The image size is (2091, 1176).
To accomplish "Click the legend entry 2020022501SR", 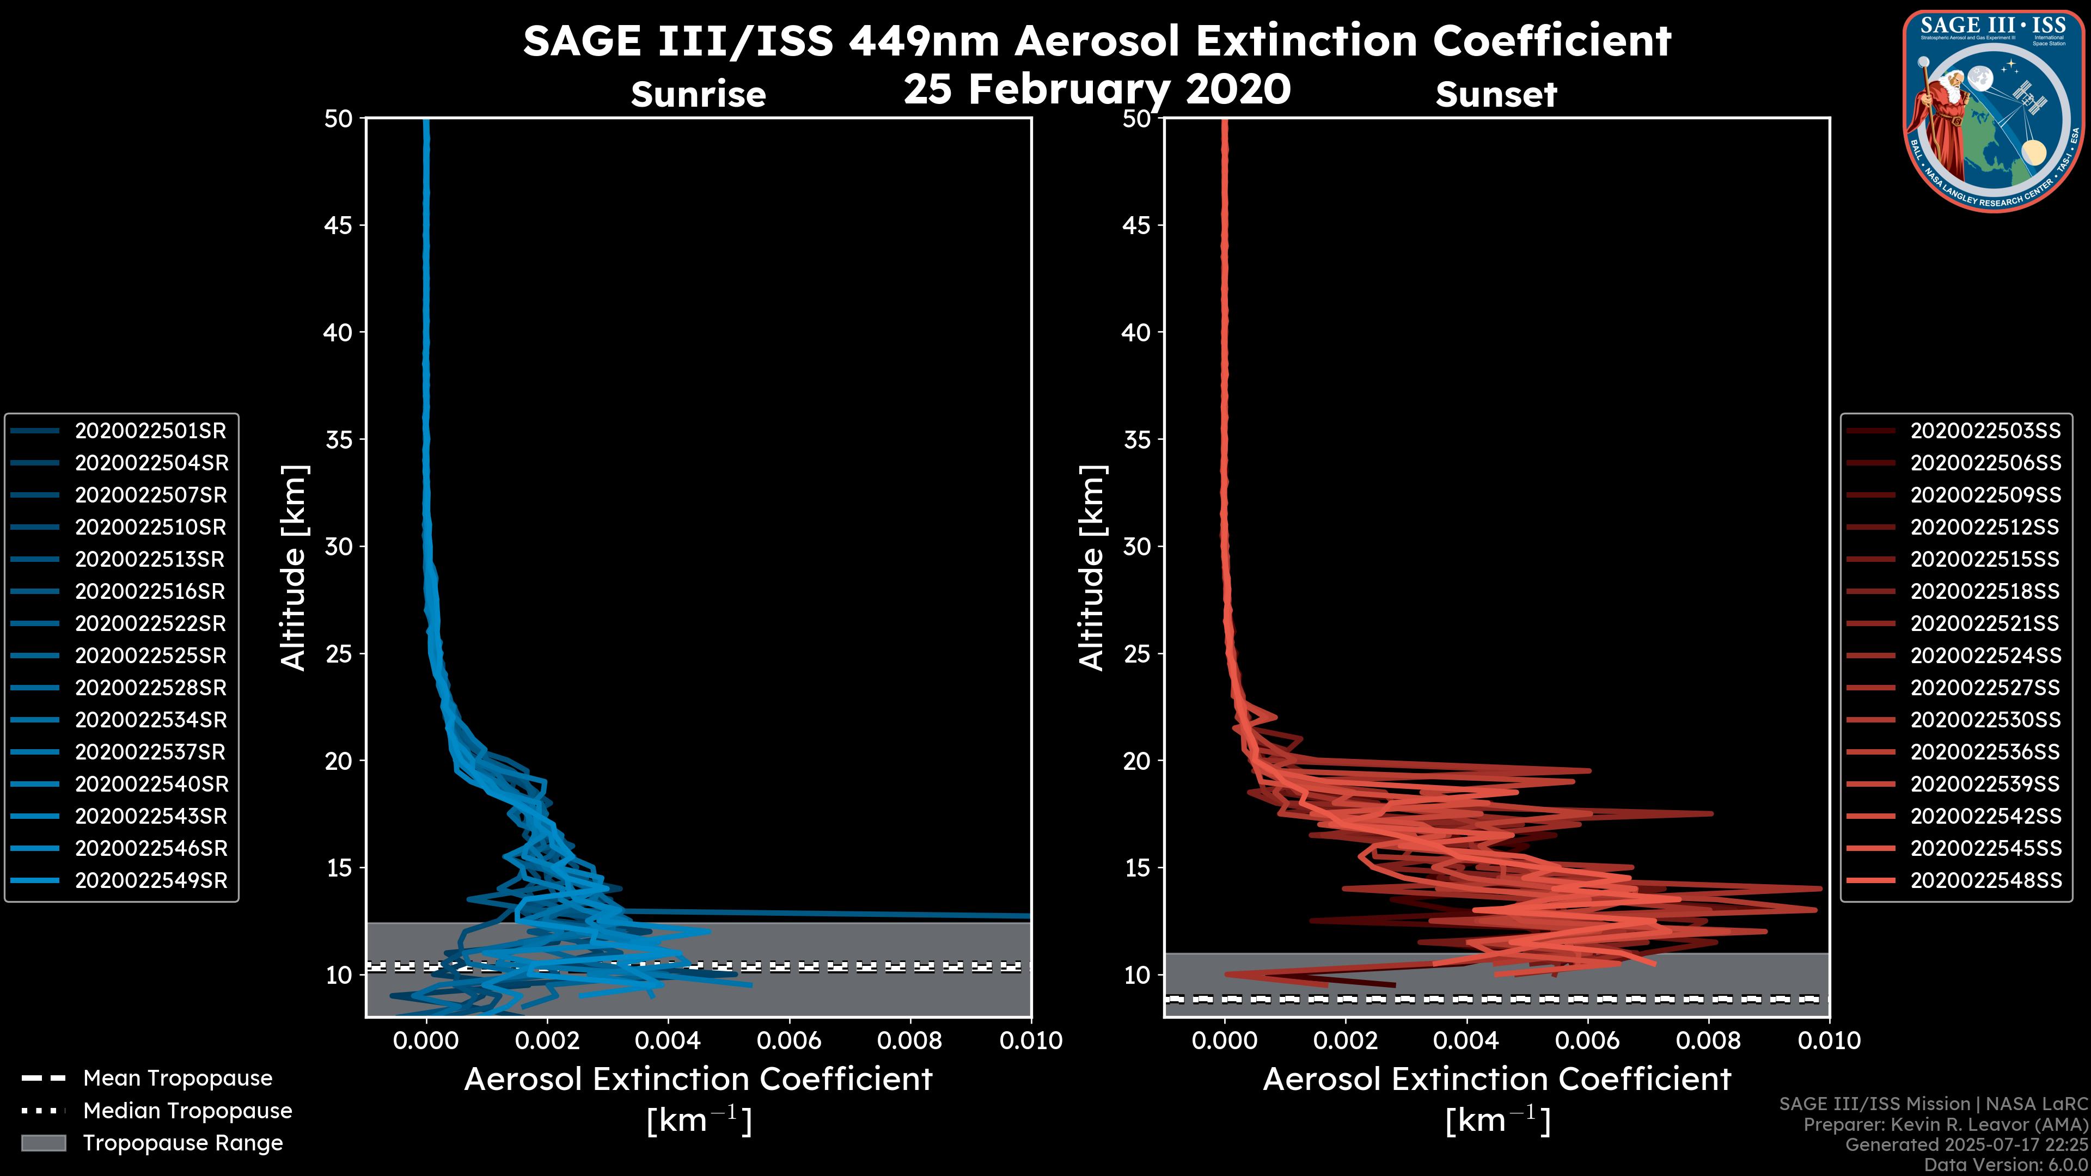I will (151, 431).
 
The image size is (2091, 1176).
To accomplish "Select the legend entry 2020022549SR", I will (151, 880).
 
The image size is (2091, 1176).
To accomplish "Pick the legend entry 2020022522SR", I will (151, 623).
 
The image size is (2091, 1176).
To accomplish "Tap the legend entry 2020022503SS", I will (1985, 431).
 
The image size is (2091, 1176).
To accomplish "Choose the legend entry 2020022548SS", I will (1985, 880).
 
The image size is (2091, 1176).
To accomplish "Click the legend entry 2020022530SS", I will (1985, 720).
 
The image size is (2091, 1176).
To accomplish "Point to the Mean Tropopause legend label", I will (178, 1078).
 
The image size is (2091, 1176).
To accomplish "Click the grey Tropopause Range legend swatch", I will (44, 1143).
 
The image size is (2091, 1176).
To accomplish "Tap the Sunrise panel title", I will (698, 94).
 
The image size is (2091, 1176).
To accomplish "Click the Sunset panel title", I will (1496, 94).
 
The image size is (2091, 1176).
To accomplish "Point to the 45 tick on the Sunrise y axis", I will (339, 225).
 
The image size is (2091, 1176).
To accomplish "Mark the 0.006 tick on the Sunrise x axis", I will (789, 1040).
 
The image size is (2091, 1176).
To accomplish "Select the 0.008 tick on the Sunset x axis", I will (1709, 1040).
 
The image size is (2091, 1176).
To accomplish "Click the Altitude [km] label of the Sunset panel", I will (1092, 568).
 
